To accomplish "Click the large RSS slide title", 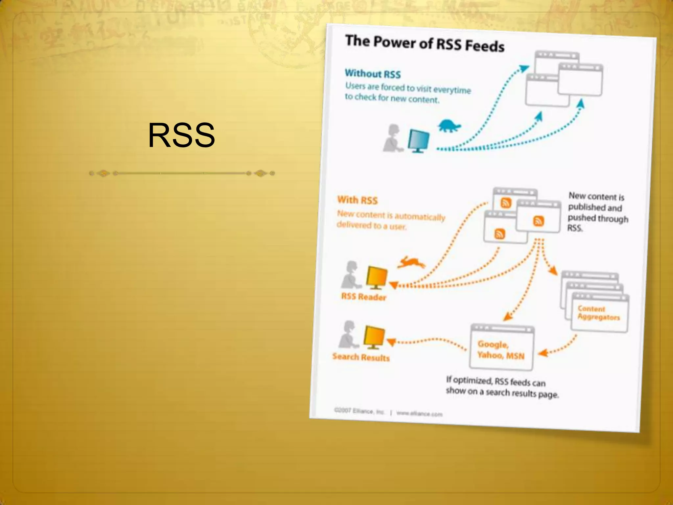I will click(181, 135).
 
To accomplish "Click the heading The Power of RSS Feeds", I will click(425, 43).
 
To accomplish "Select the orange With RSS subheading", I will click(358, 200).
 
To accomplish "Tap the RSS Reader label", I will click(363, 297).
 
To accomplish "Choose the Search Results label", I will click(361, 357).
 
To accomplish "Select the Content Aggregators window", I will click(599, 312).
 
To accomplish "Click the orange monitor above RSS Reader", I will click(377, 277).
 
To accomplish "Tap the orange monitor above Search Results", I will click(374, 337).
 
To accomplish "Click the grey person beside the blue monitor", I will click(392, 138).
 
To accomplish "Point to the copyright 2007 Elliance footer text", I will click(359, 411).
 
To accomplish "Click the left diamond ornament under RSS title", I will click(104, 173).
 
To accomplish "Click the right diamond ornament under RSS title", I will click(261, 173).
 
